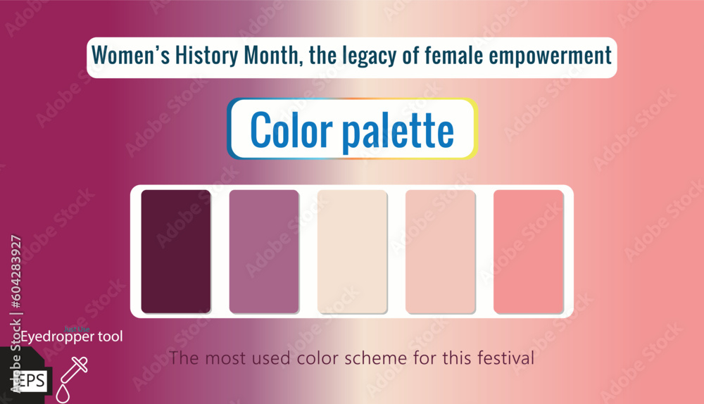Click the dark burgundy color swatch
point(176,251)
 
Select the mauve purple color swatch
point(264,251)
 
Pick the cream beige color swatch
point(352,251)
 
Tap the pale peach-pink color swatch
point(440,251)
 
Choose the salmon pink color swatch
point(528,251)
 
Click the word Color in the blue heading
point(291,130)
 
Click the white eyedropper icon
point(73,372)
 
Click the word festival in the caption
point(504,358)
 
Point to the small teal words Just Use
point(76,328)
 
